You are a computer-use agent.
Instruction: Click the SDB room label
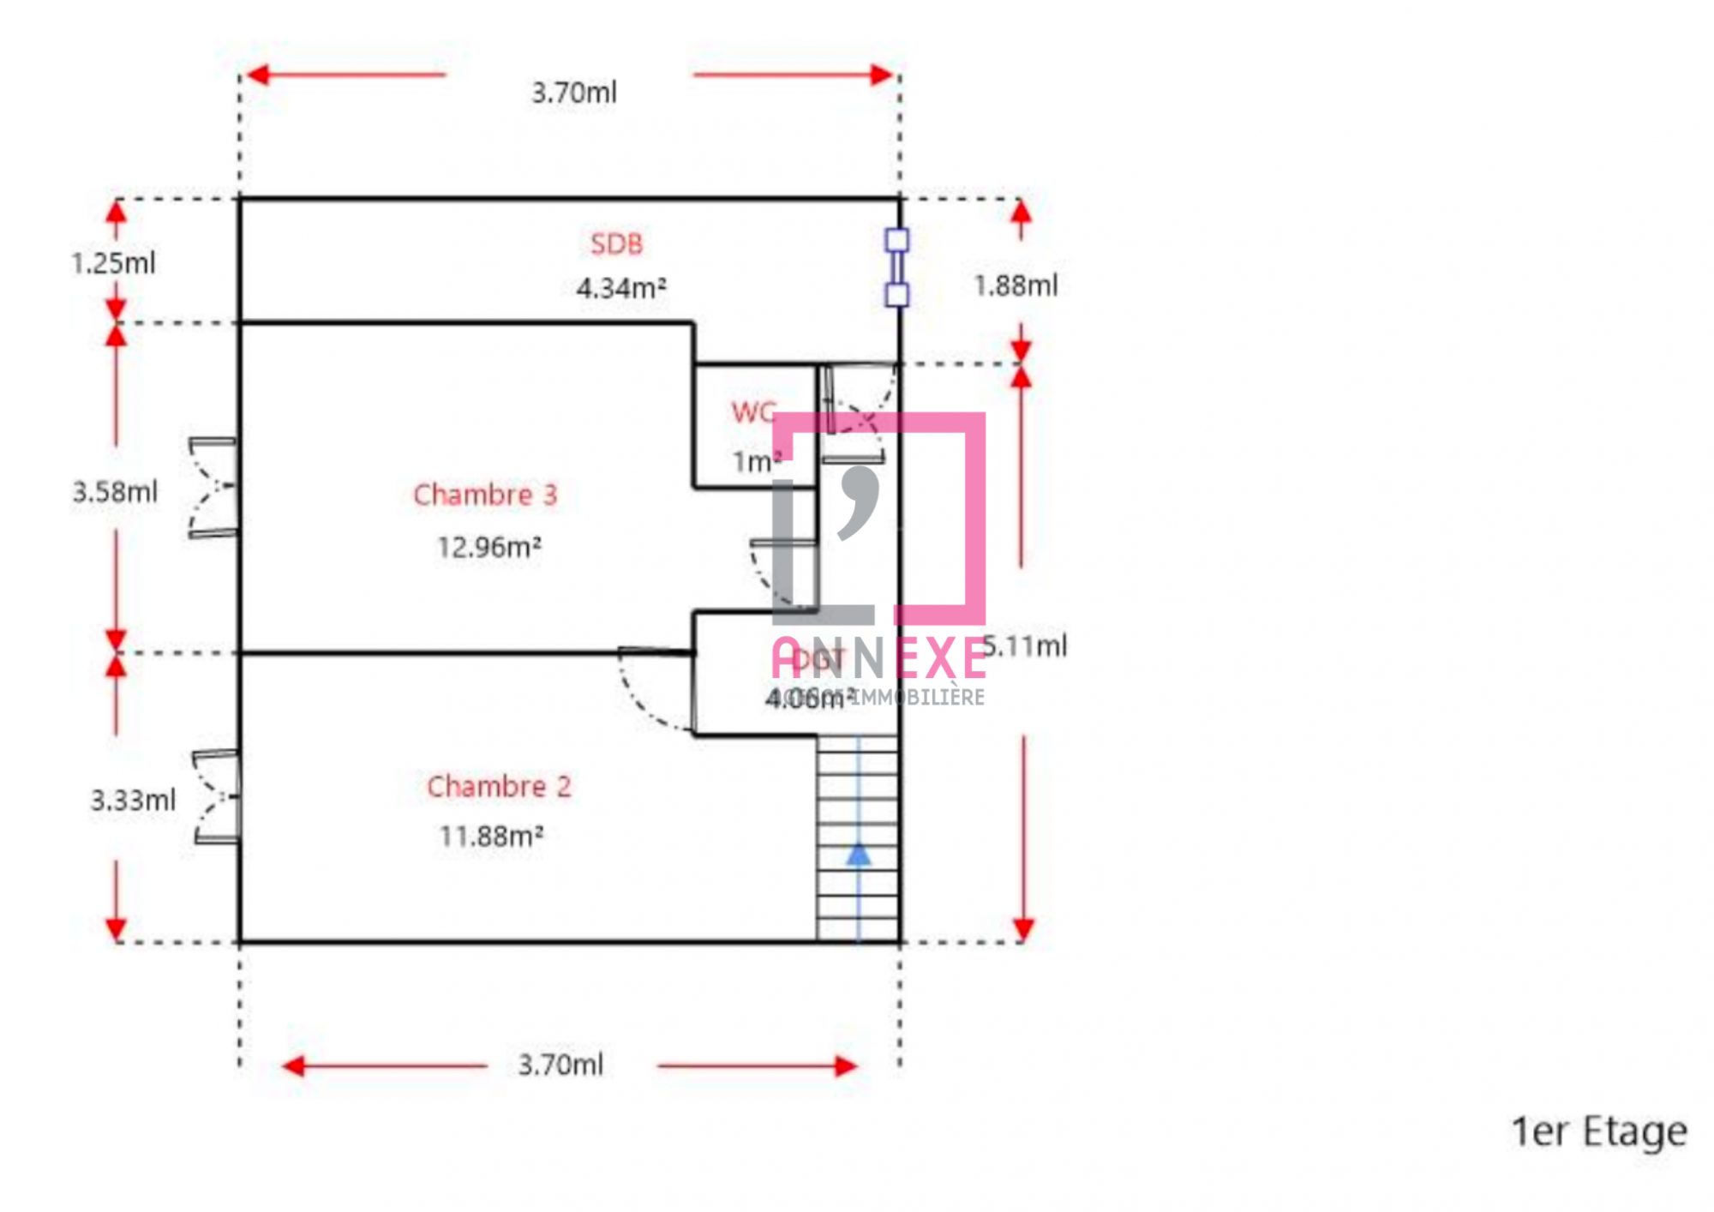click(616, 244)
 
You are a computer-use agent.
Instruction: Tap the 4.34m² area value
click(621, 288)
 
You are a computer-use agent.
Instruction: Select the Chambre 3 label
click(485, 495)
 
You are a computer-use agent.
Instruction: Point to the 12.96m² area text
click(489, 547)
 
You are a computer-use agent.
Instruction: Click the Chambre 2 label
click(499, 786)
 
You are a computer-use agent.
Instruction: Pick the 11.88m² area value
click(491, 836)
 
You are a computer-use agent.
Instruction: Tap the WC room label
click(753, 412)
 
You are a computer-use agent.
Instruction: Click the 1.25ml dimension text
click(113, 263)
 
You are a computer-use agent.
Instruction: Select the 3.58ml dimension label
click(115, 492)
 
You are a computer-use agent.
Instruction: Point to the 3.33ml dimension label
click(133, 801)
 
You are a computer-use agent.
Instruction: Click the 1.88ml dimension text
click(1016, 285)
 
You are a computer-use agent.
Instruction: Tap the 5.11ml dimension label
click(1026, 646)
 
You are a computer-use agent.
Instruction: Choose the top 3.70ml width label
click(574, 93)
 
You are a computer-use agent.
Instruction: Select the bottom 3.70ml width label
click(560, 1065)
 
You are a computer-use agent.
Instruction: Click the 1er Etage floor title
click(1599, 1131)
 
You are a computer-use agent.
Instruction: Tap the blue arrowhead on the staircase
click(858, 855)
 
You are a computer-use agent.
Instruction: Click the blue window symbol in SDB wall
click(896, 267)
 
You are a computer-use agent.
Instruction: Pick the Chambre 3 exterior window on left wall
click(213, 488)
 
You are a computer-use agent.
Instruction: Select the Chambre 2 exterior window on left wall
click(217, 797)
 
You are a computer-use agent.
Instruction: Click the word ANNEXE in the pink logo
click(879, 659)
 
